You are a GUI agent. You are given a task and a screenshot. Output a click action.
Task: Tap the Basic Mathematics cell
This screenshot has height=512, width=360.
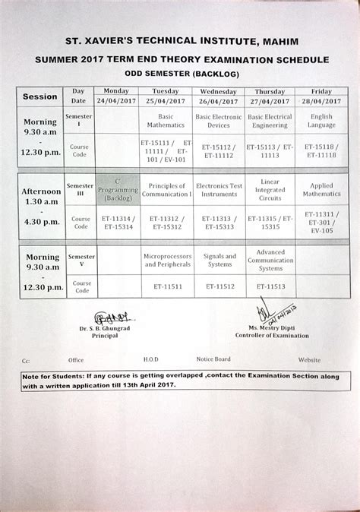166,121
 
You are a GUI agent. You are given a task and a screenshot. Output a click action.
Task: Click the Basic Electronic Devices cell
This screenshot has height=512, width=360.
218,121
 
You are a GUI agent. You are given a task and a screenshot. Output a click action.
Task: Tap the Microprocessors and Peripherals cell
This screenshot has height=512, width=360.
166,261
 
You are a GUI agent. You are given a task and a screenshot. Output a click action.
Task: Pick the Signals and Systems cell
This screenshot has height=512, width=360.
219,261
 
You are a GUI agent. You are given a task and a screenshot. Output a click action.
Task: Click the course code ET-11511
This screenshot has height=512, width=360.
166,288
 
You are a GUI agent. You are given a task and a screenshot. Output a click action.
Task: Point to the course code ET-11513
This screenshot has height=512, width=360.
270,288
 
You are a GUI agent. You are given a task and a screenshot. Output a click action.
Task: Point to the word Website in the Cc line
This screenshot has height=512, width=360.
309,359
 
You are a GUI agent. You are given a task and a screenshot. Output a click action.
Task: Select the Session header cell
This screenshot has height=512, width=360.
40,96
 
